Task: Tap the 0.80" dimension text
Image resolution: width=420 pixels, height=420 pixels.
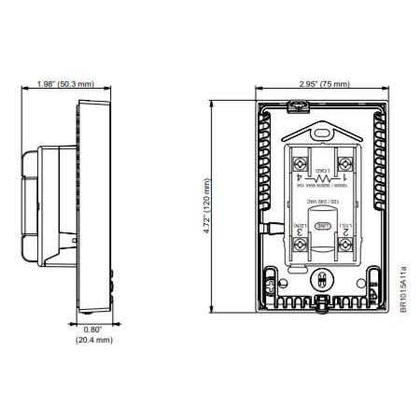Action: coord(93,329)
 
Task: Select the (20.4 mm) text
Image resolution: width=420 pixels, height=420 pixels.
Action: coord(93,341)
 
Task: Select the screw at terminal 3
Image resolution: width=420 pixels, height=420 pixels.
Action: coord(300,243)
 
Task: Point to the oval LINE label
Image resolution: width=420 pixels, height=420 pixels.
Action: coord(323,226)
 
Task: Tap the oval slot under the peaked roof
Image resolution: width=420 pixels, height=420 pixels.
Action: coord(323,133)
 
